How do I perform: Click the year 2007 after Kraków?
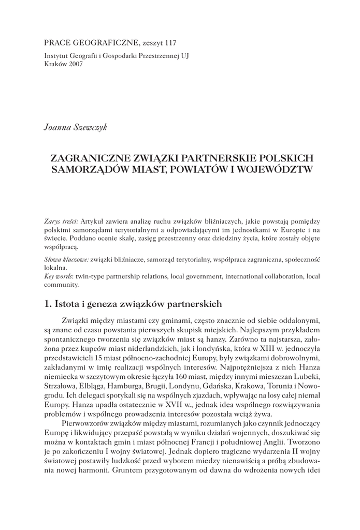73,64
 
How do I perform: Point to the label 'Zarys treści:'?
62,221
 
